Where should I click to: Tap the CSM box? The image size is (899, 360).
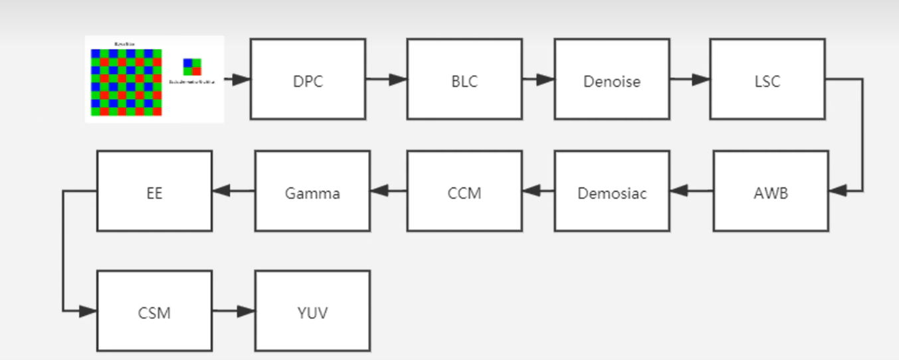pyautogui.click(x=154, y=311)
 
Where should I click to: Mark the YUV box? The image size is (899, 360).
pyautogui.click(x=312, y=311)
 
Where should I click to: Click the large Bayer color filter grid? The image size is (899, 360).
pyautogui.click(x=126, y=82)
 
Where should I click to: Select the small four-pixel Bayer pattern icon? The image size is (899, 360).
pyautogui.click(x=192, y=67)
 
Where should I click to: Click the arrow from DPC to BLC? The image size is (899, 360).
pyautogui.click(x=386, y=80)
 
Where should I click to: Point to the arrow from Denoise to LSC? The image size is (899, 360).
pyautogui.click(x=690, y=80)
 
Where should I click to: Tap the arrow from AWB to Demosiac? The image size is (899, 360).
pyautogui.click(x=692, y=191)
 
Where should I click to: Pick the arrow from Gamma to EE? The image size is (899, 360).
pyautogui.click(x=233, y=191)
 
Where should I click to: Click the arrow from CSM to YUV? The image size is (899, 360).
pyautogui.click(x=233, y=311)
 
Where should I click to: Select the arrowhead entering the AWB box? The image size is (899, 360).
pyautogui.click(x=839, y=191)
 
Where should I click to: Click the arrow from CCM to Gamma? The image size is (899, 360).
pyautogui.click(x=389, y=191)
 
